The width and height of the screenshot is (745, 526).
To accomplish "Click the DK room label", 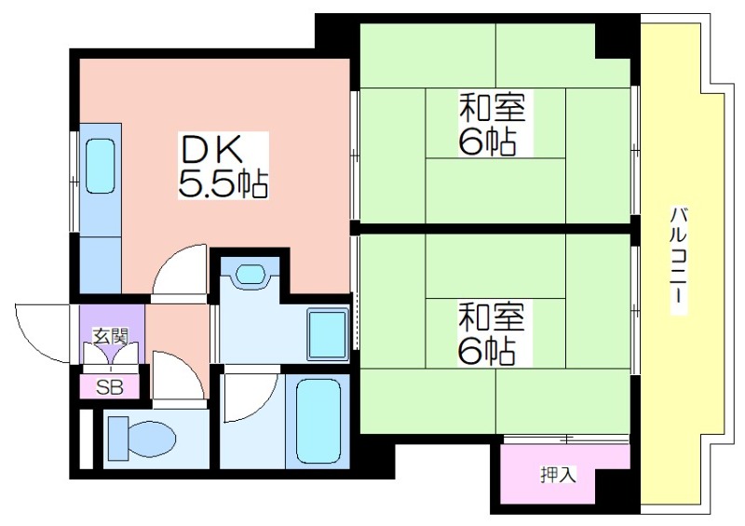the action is click(210, 149).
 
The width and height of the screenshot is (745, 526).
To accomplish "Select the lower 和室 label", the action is click(492, 317).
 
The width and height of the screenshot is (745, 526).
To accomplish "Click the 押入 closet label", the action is click(558, 474).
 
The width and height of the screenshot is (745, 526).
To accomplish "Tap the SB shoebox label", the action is click(110, 387).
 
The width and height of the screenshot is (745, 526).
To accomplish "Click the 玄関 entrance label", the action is click(110, 336).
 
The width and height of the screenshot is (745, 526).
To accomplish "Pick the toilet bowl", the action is click(142, 438).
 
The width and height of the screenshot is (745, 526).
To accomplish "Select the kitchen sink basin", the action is click(101, 166).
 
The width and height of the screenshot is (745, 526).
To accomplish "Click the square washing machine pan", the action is click(329, 334).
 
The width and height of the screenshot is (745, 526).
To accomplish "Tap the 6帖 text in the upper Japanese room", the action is click(487, 142).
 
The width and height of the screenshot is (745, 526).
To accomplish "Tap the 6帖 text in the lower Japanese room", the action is click(487, 351).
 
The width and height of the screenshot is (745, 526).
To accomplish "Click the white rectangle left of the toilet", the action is click(86, 438).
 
